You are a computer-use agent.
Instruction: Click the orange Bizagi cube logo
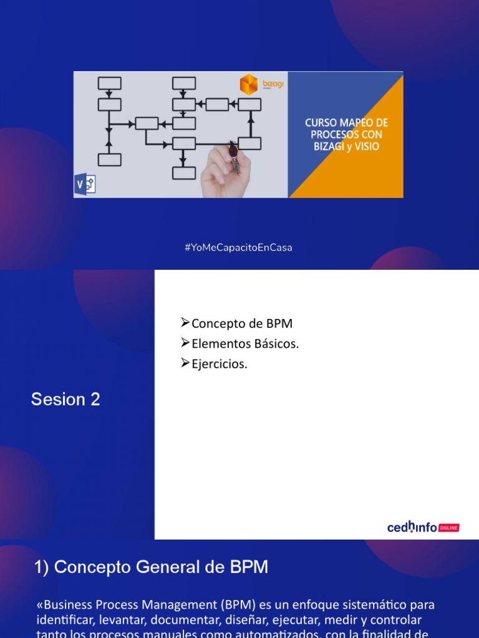click(249, 84)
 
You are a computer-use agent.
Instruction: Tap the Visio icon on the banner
click(84, 185)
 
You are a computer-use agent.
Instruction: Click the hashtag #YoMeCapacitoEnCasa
click(239, 247)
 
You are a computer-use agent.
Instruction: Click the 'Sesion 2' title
click(65, 399)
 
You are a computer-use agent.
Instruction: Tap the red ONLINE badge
click(449, 528)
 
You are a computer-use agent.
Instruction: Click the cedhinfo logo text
click(412, 528)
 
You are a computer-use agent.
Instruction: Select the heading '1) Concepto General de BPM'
click(152, 568)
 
